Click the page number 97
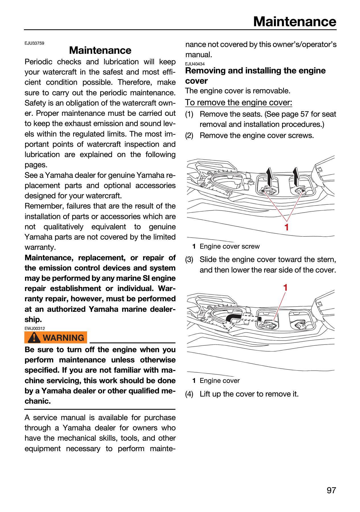pos(331,490)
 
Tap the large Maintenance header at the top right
pos(295,22)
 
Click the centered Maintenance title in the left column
pos(100,50)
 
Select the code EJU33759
pos(34,43)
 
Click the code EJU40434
pos(195,64)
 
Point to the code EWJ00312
pos(35,328)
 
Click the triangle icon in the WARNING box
pos(34,337)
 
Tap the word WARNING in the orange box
pos(63,338)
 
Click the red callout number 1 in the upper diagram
pos(287,227)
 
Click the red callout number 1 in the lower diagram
pos(285,288)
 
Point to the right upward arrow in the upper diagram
pos(296,176)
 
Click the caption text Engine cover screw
pos(230,246)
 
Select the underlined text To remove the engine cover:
pos(239,102)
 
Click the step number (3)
pos(189,260)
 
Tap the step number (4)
pos(189,394)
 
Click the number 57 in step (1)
pos(305,114)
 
